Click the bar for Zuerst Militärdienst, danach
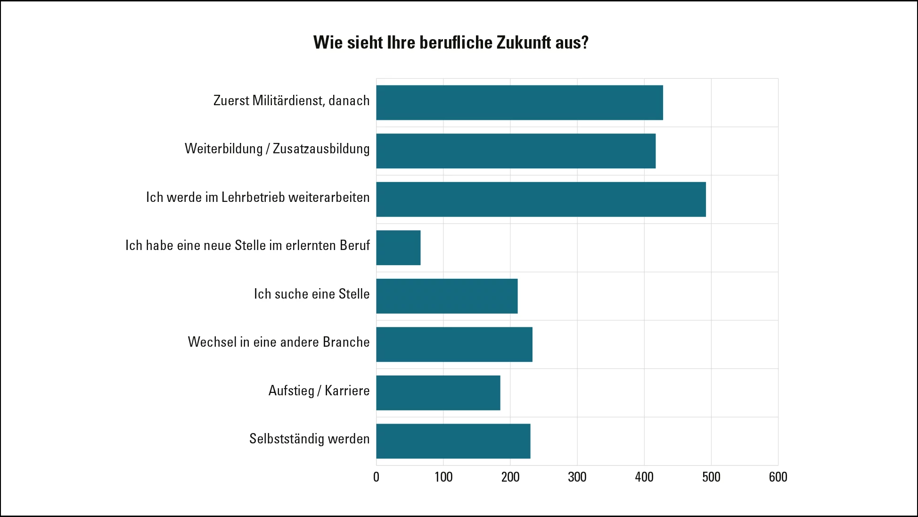click(519, 102)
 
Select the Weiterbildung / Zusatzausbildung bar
click(516, 151)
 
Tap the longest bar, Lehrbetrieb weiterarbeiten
click(541, 199)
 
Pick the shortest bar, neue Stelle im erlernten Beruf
click(398, 248)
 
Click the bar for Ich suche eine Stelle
click(447, 296)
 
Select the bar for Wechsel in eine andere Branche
click(454, 344)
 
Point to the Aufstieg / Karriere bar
click(438, 392)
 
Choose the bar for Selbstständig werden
click(453, 441)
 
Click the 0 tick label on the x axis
click(376, 477)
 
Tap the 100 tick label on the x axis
click(443, 477)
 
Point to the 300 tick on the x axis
click(577, 477)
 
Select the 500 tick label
click(711, 477)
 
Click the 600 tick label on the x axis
click(778, 477)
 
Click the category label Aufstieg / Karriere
click(319, 391)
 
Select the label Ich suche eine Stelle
click(311, 294)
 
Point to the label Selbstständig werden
click(309, 439)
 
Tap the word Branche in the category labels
click(347, 342)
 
